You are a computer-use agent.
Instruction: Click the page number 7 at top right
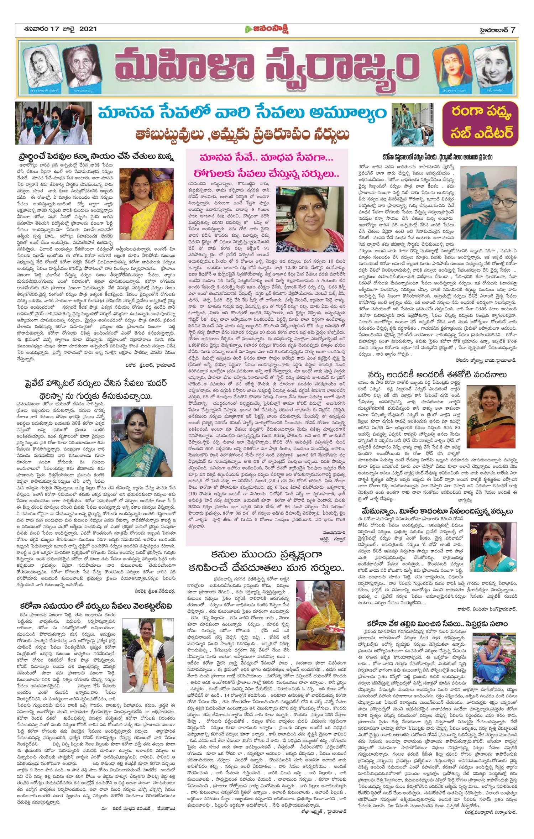pos(513,30)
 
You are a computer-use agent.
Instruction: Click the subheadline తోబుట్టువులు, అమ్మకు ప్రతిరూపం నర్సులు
pos(242,135)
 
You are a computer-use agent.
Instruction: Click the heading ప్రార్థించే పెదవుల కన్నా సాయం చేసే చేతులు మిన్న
pos(96,157)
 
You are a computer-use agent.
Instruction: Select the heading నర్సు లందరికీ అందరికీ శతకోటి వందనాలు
pos(437,374)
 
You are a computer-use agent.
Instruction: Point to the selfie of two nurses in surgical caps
pos(488,199)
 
